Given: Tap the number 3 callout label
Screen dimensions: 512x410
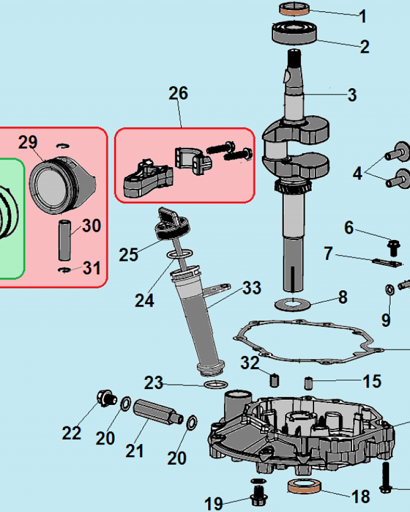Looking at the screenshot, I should (352, 95).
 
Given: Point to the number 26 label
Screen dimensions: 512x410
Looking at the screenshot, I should (178, 93).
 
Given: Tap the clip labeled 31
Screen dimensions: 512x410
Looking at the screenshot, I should (65, 270).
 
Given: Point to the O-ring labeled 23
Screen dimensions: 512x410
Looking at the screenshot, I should (216, 385).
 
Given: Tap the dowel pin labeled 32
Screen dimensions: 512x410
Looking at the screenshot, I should (275, 380).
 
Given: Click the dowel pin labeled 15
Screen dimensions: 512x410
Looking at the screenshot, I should (309, 382).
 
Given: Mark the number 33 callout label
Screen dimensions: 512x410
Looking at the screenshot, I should (252, 288).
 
